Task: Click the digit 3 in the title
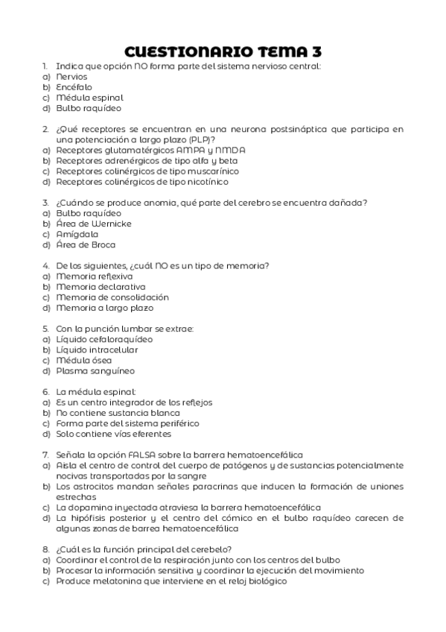click(317, 51)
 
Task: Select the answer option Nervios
click(71, 76)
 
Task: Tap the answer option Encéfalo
click(74, 86)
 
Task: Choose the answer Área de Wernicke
click(94, 224)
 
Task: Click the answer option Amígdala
click(77, 234)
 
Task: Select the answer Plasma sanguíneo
click(90, 370)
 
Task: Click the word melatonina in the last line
click(128, 581)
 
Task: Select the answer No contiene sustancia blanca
click(118, 412)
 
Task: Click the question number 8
click(45, 549)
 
